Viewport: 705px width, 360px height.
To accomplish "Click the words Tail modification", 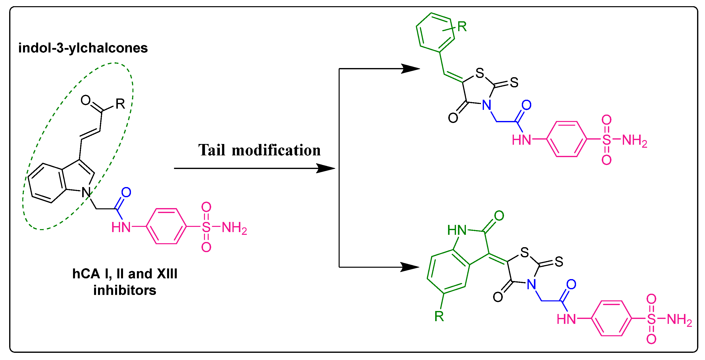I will (x=259, y=150).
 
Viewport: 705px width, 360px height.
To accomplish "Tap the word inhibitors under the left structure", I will (x=125, y=290).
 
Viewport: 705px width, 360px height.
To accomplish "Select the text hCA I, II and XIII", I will (x=125, y=274).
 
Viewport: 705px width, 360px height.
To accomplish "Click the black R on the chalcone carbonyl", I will (x=120, y=104).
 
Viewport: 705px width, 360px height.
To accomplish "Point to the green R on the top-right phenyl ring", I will (x=462, y=26).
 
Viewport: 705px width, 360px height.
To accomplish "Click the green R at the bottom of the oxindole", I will (x=439, y=316).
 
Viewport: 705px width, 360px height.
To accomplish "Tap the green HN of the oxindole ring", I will (x=457, y=230).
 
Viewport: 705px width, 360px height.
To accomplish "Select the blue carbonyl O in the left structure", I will (x=126, y=192).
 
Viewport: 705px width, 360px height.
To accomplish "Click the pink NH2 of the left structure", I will (x=234, y=228).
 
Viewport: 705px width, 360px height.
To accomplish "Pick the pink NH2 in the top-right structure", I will (x=634, y=141).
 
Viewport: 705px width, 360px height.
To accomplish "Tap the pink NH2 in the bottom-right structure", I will (x=679, y=319).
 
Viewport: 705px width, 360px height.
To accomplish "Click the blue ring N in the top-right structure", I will (x=487, y=105).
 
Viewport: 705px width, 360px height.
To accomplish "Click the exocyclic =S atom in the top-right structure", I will (x=514, y=83).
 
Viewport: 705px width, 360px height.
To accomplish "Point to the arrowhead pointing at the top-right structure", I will (x=410, y=69).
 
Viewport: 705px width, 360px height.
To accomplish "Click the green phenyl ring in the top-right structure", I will (x=435, y=32).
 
